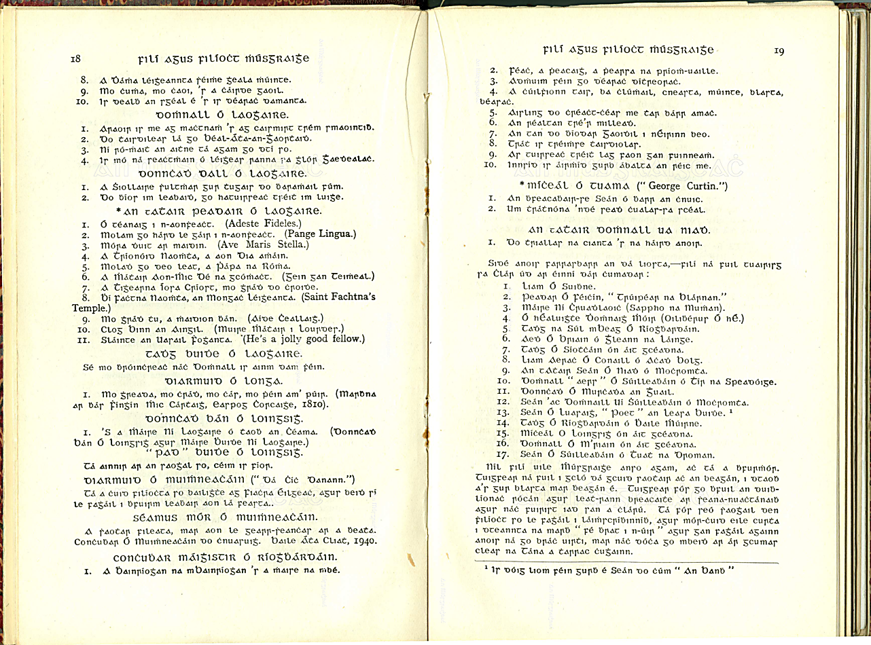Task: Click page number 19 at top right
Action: (779, 51)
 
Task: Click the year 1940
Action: (363, 540)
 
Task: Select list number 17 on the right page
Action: (503, 454)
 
